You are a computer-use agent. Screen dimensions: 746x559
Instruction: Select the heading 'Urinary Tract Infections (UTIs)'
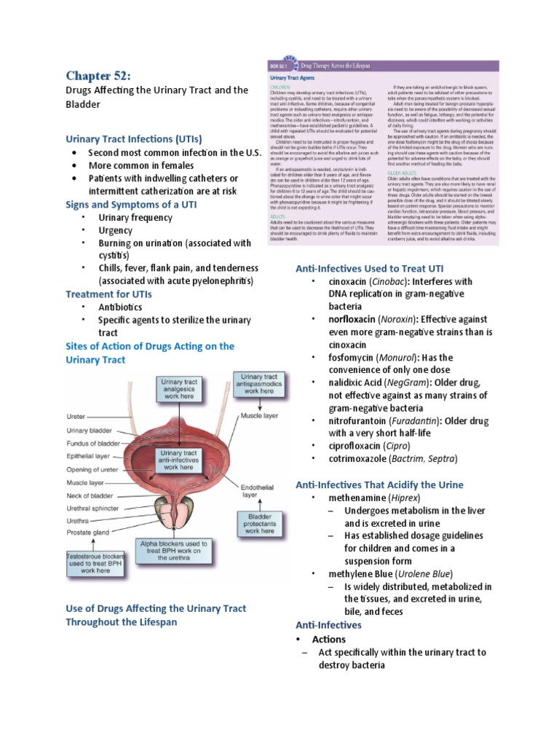point(134,138)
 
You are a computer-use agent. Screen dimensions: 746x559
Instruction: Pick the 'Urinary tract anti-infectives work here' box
point(178,460)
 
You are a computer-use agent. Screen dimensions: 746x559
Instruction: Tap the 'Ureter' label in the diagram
point(76,417)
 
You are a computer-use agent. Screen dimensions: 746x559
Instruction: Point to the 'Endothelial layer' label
point(249,489)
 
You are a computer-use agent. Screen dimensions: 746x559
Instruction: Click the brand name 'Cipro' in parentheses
point(396,446)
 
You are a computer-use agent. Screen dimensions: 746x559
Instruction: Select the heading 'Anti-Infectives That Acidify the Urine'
point(379,484)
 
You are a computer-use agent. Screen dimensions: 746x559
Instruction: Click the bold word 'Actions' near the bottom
point(329,639)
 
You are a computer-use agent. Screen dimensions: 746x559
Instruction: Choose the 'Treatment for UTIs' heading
point(108,294)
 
